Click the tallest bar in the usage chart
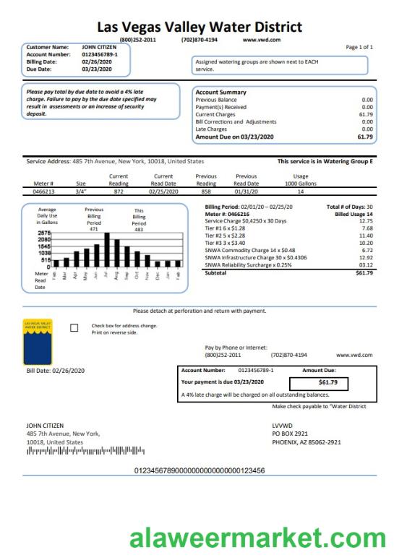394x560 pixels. (x=107, y=249)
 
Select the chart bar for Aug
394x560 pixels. (x=117, y=254)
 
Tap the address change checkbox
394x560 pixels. (x=74, y=328)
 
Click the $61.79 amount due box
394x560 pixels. (x=318, y=382)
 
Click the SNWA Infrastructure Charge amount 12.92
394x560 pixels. (x=365, y=257)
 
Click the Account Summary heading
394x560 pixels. (x=220, y=92)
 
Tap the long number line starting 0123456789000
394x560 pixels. (x=200, y=470)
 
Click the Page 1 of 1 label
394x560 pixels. (x=359, y=47)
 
